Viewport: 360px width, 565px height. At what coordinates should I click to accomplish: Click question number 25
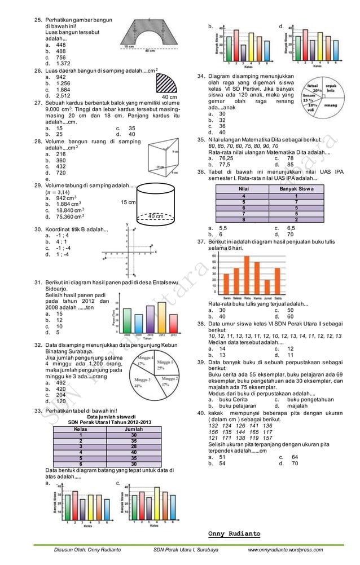tap(38, 20)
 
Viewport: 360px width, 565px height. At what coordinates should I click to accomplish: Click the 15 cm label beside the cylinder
tap(128, 201)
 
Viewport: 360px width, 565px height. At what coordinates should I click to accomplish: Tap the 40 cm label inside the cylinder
tap(156, 215)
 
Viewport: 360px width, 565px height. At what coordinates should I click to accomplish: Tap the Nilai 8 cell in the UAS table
tap(243, 219)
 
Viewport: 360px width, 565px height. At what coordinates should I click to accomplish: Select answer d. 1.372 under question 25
tap(58, 64)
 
